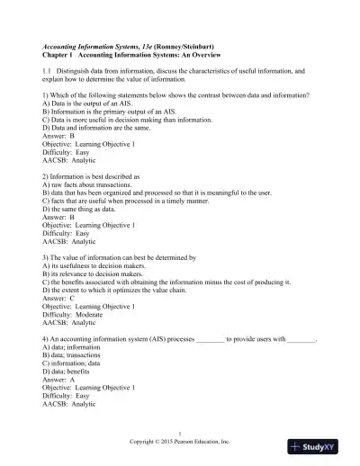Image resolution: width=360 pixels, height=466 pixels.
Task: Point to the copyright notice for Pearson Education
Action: pos(180,443)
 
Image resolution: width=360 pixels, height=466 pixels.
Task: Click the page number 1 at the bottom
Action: pos(180,434)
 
